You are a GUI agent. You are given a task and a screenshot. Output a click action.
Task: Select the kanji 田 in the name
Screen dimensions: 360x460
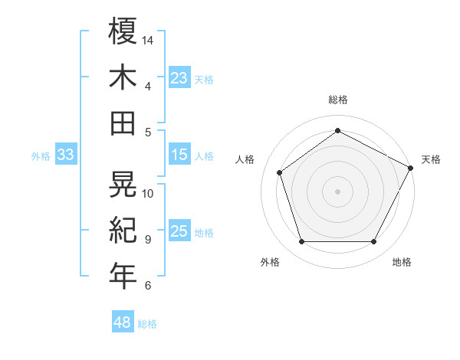click(x=123, y=123)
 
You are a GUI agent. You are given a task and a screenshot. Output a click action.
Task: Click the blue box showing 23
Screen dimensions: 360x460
click(x=179, y=77)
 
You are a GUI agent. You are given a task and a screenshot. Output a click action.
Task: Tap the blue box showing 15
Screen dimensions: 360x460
click(x=179, y=155)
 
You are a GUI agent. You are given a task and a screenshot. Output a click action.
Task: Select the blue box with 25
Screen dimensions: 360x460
click(x=179, y=231)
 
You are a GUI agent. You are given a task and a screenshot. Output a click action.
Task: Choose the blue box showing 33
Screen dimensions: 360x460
click(x=66, y=155)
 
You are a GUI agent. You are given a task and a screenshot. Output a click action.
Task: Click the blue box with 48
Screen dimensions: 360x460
click(x=123, y=322)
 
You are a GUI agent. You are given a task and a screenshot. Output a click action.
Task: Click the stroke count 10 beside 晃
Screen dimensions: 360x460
click(x=149, y=193)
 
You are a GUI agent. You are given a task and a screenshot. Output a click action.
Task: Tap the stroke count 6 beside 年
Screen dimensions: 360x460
click(x=148, y=286)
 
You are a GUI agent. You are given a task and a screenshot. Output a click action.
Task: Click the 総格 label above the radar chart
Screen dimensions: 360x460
click(x=337, y=100)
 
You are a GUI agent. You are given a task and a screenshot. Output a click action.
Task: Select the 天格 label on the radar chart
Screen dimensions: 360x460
click(x=431, y=159)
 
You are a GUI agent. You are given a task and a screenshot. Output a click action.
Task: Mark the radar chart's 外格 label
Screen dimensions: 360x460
click(x=270, y=262)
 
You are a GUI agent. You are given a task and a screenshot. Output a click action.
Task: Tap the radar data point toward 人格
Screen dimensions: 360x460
click(x=280, y=173)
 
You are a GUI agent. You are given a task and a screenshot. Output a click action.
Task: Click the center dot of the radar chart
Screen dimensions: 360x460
click(x=337, y=191)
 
